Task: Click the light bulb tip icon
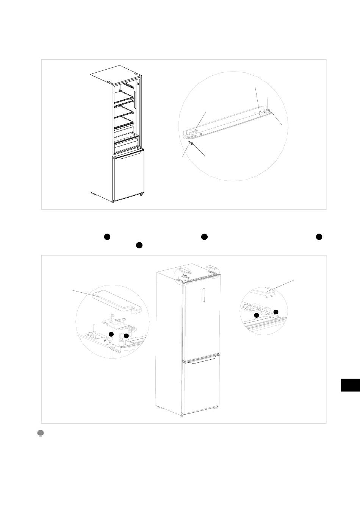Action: click(41, 434)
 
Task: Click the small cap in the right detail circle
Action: click(265, 292)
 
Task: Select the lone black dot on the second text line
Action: click(139, 245)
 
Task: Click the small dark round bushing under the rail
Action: click(193, 144)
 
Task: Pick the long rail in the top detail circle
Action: click(227, 121)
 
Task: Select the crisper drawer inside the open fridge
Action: click(127, 145)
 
